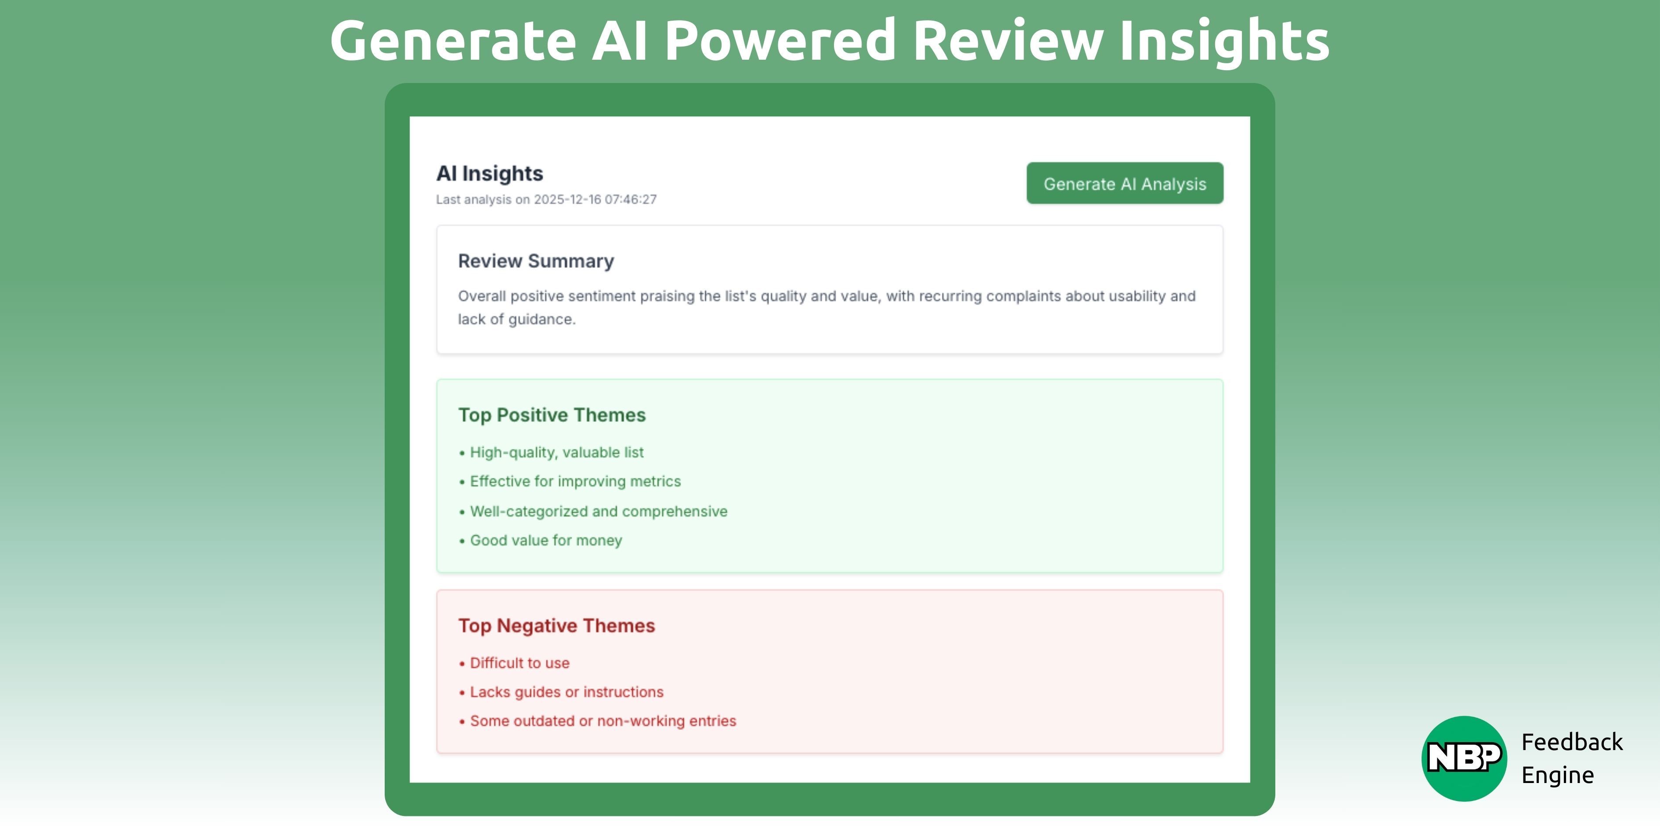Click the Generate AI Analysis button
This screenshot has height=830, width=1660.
click(1125, 184)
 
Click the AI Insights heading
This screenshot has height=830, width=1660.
click(490, 173)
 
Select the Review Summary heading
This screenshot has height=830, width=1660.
click(535, 261)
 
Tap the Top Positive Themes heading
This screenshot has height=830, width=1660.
click(552, 415)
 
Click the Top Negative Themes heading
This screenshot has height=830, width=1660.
click(556, 626)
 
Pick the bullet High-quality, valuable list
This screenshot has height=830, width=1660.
click(556, 452)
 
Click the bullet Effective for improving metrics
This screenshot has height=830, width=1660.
click(575, 481)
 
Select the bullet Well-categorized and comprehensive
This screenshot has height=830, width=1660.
click(598, 511)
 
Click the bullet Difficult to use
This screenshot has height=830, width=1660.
click(520, 663)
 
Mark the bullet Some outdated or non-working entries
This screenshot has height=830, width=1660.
click(603, 721)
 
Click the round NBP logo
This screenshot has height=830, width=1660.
click(1463, 758)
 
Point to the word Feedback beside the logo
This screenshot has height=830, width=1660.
click(1572, 742)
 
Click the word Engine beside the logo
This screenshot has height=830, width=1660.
click(1558, 775)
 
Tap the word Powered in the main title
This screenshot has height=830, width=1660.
click(780, 41)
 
